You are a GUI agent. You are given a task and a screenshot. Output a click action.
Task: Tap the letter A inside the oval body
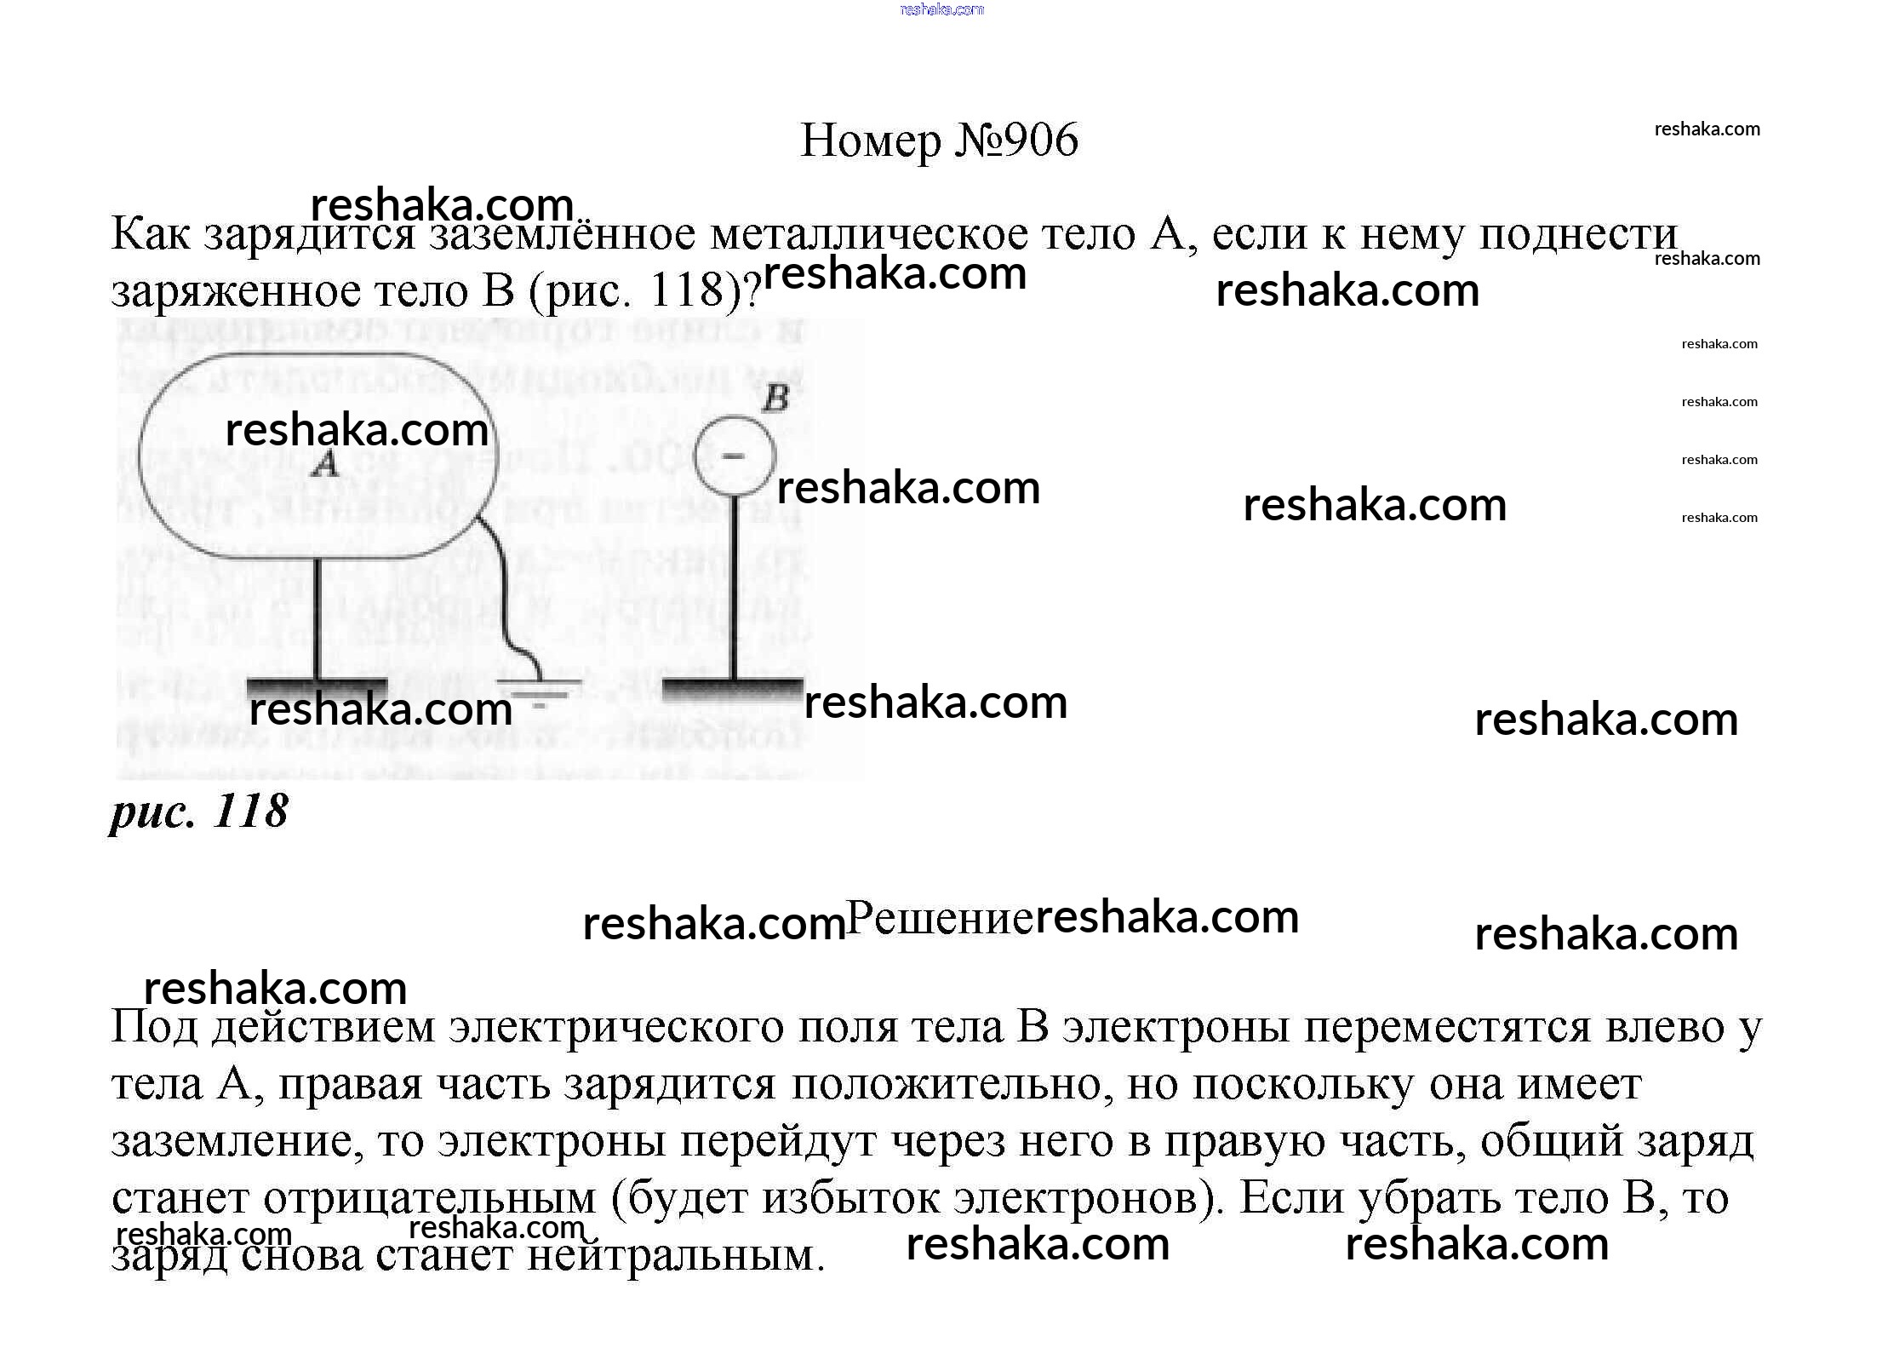coord(323,465)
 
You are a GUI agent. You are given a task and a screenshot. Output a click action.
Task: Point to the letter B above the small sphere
coord(775,399)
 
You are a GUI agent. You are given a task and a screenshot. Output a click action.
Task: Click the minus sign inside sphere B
coord(733,456)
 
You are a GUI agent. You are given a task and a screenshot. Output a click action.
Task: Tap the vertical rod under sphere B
coord(734,588)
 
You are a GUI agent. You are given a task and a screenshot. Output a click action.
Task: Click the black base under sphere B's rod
coord(733,688)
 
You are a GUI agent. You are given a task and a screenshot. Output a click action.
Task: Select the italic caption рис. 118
coord(199,811)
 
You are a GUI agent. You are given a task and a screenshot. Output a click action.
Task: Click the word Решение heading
coord(940,919)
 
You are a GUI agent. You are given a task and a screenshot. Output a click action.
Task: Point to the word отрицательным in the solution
coord(430,1199)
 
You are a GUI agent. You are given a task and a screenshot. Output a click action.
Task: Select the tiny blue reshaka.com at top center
coord(941,9)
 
